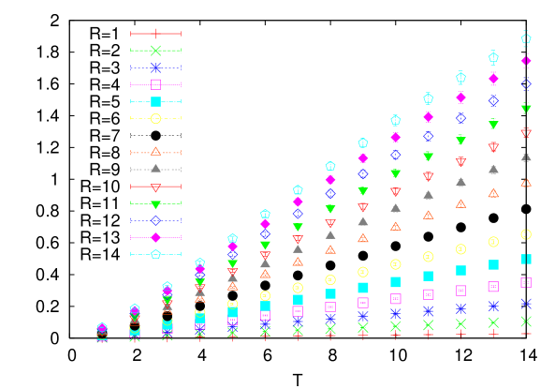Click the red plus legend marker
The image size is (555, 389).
(x=155, y=34)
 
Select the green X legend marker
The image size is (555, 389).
(x=155, y=51)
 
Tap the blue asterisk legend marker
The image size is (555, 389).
(x=155, y=67)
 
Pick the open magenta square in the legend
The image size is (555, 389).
(x=155, y=84)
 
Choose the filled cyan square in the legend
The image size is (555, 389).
(x=155, y=101)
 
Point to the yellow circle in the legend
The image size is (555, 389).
(x=155, y=118)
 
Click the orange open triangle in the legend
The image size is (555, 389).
(x=155, y=152)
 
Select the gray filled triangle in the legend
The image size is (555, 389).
(x=155, y=169)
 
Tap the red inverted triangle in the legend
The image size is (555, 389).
(x=155, y=187)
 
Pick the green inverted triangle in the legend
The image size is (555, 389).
(x=155, y=203)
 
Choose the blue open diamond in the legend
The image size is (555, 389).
(x=155, y=220)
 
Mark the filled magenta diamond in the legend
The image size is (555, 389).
(x=155, y=237)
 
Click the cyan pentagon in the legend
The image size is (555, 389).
(x=155, y=254)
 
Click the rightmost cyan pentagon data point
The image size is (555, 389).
(x=526, y=38)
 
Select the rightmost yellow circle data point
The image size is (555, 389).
(x=526, y=234)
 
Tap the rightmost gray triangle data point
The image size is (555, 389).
(x=526, y=157)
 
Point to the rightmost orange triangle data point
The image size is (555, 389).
(x=526, y=183)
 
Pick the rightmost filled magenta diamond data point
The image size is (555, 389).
(x=526, y=61)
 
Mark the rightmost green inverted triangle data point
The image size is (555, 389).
(x=526, y=109)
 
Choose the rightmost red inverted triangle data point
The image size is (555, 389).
(x=526, y=133)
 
